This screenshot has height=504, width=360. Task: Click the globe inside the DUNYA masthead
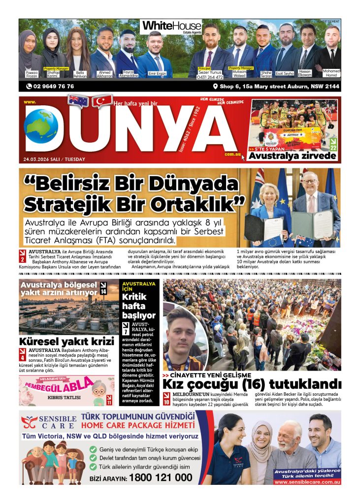tap(41, 126)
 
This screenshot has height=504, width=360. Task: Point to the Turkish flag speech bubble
tap(102, 101)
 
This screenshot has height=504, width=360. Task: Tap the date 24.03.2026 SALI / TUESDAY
tap(54, 159)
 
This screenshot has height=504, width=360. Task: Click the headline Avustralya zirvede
tap(293, 156)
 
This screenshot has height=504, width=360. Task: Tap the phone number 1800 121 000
tap(161, 477)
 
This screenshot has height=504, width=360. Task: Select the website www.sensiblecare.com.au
tap(307, 482)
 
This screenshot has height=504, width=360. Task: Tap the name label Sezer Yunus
tap(211, 72)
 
